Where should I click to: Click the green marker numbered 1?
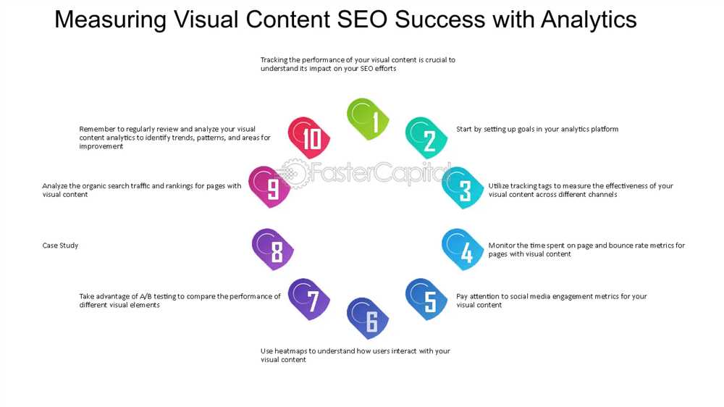pyautogui.click(x=368, y=119)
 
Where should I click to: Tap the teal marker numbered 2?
pyautogui.click(x=426, y=138)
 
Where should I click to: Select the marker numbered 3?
pyautogui.click(x=463, y=188)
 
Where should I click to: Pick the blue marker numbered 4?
pyautogui.click(x=463, y=249)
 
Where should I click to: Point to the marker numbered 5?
pyautogui.click(x=426, y=299)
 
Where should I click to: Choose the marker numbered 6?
pyautogui.click(x=368, y=319)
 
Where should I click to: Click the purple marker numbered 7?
pyautogui.click(x=309, y=299)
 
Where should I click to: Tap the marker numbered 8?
pyautogui.click(x=273, y=249)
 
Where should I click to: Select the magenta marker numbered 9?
pyautogui.click(x=269, y=187)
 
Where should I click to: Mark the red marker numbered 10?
pyautogui.click(x=309, y=138)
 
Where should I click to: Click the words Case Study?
pyautogui.click(x=61, y=246)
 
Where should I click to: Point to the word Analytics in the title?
pyautogui.click(x=589, y=20)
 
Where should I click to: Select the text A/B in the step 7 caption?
pyautogui.click(x=146, y=296)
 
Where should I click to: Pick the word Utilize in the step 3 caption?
pyautogui.click(x=499, y=185)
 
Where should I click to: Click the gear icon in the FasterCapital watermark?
pyautogui.click(x=294, y=173)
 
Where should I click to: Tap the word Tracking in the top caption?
pyautogui.click(x=274, y=60)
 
